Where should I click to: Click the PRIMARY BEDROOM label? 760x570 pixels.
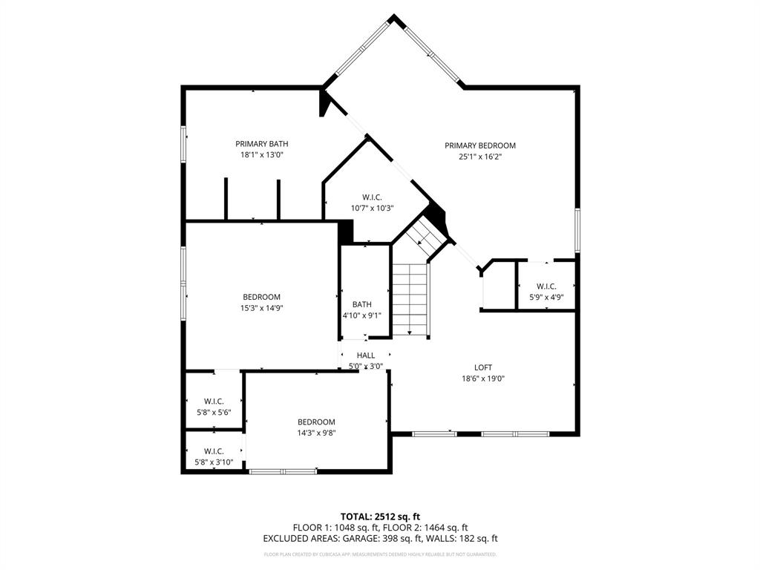[480, 145]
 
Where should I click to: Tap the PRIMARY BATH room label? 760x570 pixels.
[262, 144]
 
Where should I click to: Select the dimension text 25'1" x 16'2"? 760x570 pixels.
[480, 157]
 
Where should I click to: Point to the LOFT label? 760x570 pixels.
[483, 367]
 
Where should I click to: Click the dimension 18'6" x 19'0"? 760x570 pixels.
[483, 379]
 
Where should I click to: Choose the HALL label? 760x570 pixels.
[366, 356]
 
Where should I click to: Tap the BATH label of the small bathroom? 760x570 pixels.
[362, 304]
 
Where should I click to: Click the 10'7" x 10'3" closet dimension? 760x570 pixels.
[372, 209]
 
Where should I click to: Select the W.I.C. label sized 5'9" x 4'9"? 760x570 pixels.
[546, 286]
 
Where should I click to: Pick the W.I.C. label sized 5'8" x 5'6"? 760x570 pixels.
[214, 402]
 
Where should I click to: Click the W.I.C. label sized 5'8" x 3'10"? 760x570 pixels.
[214, 451]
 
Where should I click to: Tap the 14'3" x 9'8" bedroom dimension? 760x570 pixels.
[317, 433]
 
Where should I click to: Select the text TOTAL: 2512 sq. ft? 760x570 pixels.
[380, 517]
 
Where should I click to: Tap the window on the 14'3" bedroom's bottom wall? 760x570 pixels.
[283, 471]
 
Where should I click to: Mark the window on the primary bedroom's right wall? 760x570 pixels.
[577, 230]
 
